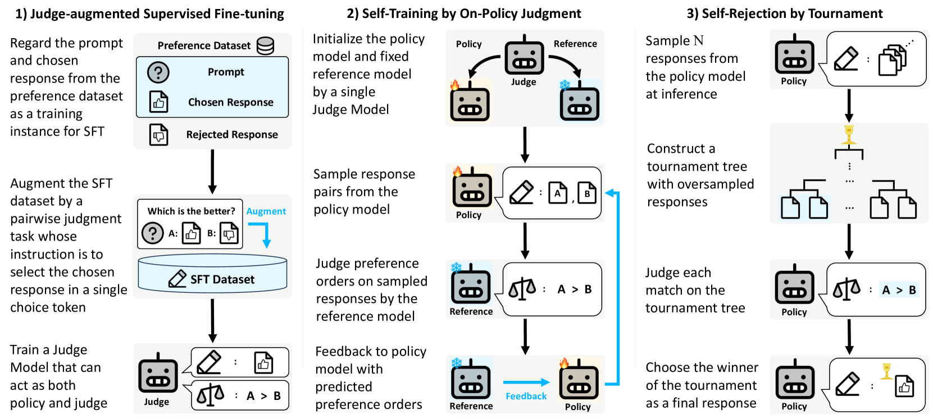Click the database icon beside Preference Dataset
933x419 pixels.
tap(265, 46)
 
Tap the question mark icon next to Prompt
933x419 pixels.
tap(158, 72)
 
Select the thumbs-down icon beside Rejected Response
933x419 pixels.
tap(159, 135)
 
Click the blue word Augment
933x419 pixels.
tap(266, 211)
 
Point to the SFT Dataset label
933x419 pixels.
tap(222, 279)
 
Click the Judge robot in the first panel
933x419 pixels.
tap(158, 373)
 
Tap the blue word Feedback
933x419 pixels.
tap(526, 396)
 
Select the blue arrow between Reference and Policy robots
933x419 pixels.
tap(526, 382)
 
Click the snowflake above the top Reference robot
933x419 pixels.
tap(565, 85)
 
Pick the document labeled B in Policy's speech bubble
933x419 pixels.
tap(587, 193)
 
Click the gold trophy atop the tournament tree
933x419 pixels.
tap(848, 135)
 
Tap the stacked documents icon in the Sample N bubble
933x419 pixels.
tap(892, 61)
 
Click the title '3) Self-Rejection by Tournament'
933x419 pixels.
tap(785, 13)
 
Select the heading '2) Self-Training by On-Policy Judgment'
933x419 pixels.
tap(464, 13)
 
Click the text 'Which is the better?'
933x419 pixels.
tap(191, 211)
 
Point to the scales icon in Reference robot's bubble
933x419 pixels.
tap(522, 289)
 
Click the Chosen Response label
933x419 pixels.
tap(231, 102)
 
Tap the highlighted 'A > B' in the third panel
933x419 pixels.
tap(899, 290)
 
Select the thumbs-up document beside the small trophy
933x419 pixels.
tap(904, 386)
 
